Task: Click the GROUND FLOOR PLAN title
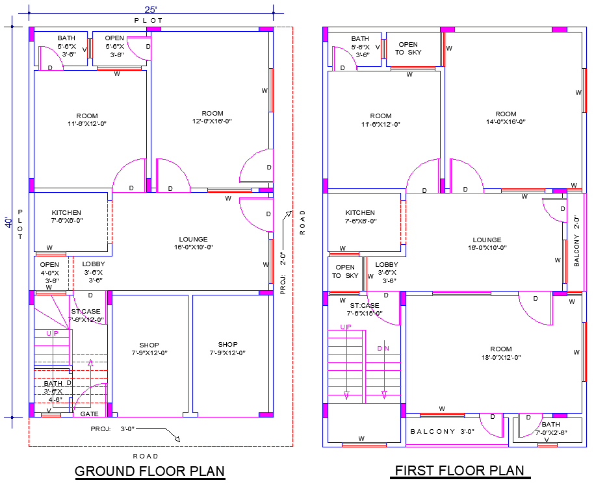150,471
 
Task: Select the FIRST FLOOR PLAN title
459,471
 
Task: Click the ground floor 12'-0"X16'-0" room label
213,118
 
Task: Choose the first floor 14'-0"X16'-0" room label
506,118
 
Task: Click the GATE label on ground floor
89,413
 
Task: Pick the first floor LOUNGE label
487,243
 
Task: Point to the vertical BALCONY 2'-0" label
576,242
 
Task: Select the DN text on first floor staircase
383,348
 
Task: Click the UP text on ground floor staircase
52,333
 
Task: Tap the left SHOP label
149,349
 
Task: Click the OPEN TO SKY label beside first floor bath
408,49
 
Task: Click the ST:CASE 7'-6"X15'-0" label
364,309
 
